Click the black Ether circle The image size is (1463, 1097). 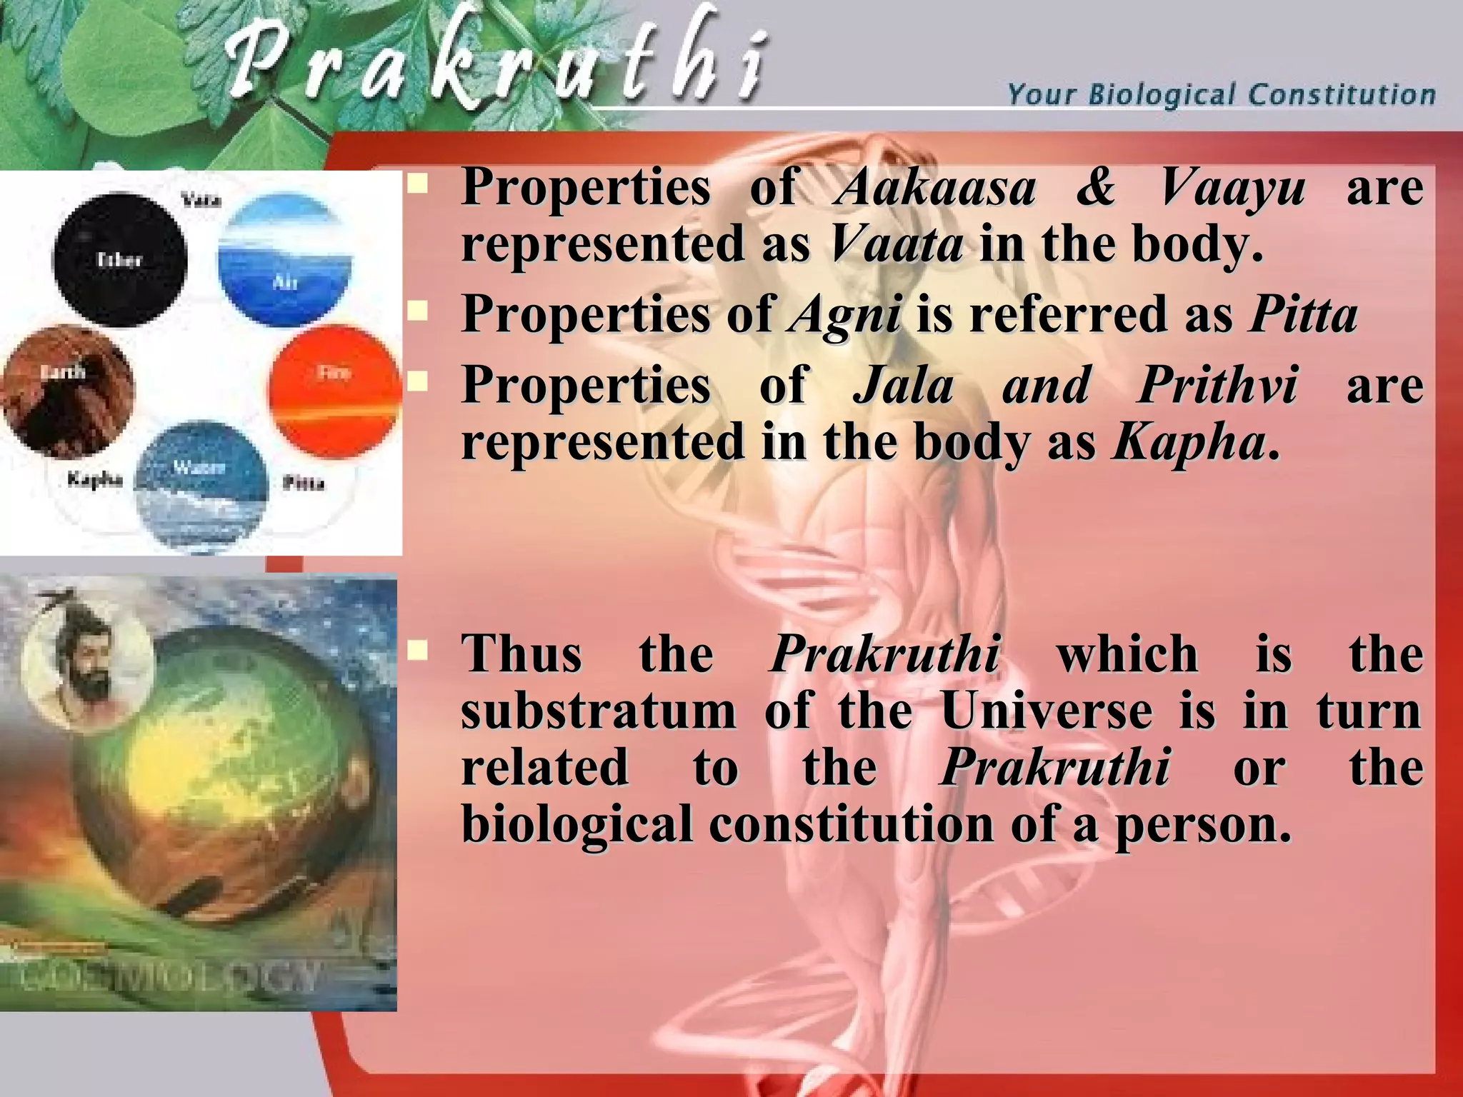pos(119,260)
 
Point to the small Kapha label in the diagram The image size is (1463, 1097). pos(95,479)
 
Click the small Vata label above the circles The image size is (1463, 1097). pos(201,199)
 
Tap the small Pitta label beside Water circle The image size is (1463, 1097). pos(304,484)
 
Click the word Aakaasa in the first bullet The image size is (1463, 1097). pos(935,187)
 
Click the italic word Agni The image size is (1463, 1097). pos(844,315)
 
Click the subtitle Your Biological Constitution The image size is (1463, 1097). pos(1221,95)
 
